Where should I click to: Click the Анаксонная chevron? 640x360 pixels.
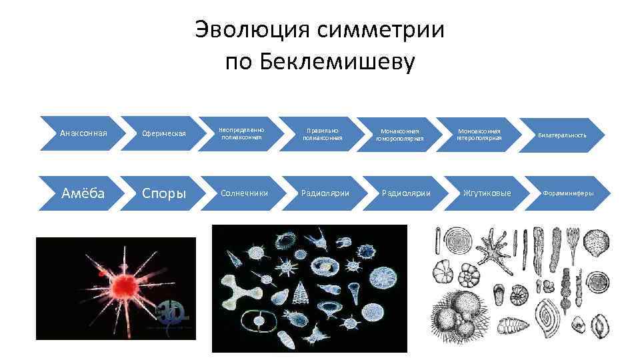pyautogui.click(x=83, y=133)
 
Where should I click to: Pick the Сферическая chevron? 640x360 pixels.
pyautogui.click(x=163, y=134)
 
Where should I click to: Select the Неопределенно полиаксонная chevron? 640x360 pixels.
pyautogui.click(x=243, y=134)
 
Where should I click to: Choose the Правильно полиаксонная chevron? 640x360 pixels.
pyautogui.click(x=323, y=134)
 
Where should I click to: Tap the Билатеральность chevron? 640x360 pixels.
pyautogui.click(x=564, y=134)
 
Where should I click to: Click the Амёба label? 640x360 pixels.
pyautogui.click(x=83, y=193)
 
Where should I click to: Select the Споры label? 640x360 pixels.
pyautogui.click(x=163, y=193)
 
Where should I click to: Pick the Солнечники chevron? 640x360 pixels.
pyautogui.click(x=243, y=193)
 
